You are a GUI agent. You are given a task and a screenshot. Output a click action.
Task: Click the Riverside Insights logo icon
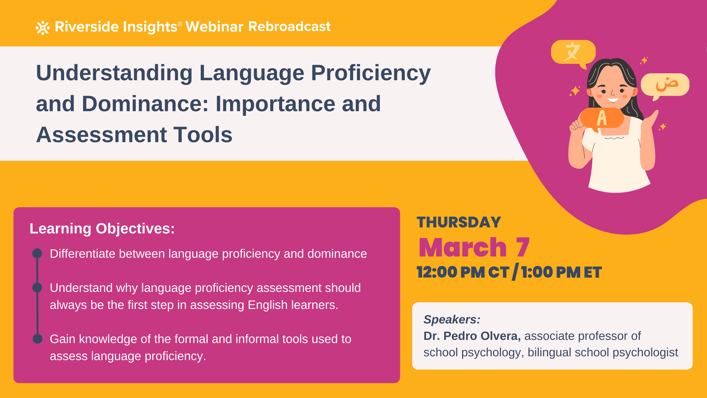(43, 28)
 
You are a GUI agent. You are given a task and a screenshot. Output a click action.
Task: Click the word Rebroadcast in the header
(289, 27)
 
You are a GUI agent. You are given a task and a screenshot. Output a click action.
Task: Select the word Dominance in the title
(145, 104)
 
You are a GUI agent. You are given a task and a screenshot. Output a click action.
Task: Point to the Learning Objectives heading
(102, 228)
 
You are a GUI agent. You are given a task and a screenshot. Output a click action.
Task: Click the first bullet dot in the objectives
(37, 253)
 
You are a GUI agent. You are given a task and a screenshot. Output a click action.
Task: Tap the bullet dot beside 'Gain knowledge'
(38, 339)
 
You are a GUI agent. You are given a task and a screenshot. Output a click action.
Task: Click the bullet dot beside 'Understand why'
(37, 287)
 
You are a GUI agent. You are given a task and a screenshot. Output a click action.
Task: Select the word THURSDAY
(459, 222)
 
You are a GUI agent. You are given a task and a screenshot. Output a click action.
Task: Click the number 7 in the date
(523, 248)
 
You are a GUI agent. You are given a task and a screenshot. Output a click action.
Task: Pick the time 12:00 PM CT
(463, 272)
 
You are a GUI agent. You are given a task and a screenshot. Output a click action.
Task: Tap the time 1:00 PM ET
(561, 272)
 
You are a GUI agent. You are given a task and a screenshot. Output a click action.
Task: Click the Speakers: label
(452, 320)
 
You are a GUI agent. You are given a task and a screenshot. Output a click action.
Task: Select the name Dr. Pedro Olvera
(472, 336)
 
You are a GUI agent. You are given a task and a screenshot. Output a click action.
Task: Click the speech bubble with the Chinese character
(573, 52)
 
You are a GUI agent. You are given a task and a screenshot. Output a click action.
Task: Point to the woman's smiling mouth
(613, 100)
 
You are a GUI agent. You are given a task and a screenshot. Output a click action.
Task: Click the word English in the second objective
(268, 305)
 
